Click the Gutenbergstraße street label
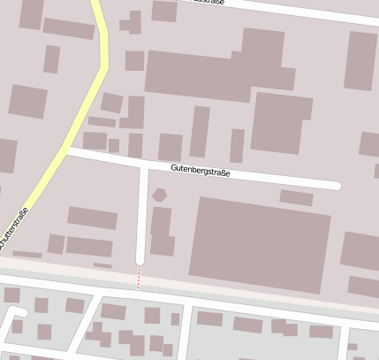point(200,172)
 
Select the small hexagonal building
point(159,195)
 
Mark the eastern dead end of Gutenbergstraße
point(337,186)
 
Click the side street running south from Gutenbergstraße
point(142,212)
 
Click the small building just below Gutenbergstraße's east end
point(296,198)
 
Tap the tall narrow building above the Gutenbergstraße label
point(200,131)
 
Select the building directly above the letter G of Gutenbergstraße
point(170,147)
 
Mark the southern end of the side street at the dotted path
point(140,262)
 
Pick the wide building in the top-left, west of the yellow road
point(68,28)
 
